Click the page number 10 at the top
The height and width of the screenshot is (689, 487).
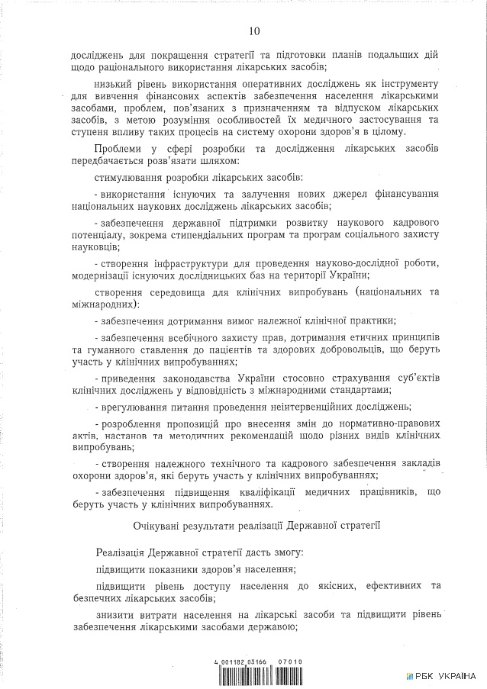254,31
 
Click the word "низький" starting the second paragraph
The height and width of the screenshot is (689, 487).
115,82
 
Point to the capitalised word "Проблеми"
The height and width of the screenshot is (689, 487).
120,148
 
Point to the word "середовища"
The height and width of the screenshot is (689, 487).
190,291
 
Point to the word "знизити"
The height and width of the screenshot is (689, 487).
115,614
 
